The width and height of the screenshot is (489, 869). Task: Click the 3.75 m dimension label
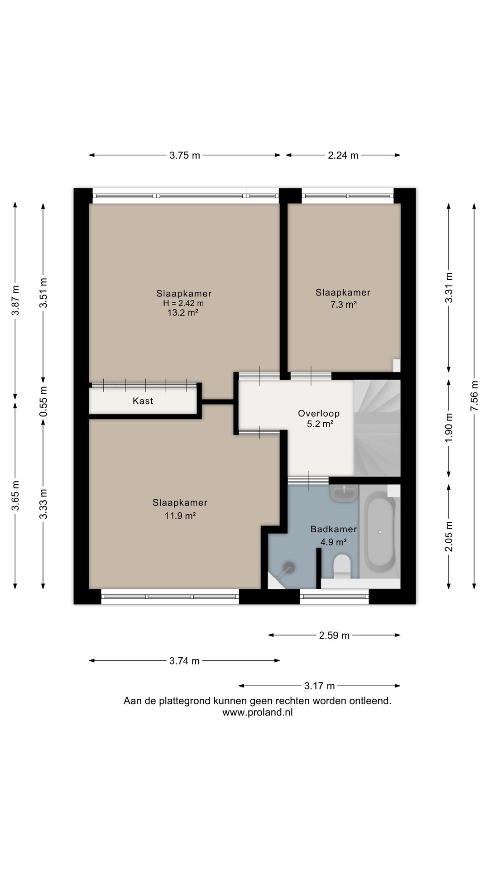[x=185, y=155]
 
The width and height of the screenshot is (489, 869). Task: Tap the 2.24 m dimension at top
[x=343, y=155]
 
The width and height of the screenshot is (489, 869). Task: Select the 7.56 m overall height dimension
[x=474, y=396]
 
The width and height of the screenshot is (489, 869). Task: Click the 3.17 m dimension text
[x=320, y=686]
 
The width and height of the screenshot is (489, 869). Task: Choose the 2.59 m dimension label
[x=335, y=635]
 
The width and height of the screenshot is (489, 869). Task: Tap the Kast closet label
[x=143, y=401]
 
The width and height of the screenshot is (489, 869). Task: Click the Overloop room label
[x=319, y=413]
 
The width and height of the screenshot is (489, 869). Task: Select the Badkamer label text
[x=334, y=529]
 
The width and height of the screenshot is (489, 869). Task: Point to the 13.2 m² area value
[x=183, y=312]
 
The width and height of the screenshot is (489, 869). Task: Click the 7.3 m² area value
[x=343, y=305]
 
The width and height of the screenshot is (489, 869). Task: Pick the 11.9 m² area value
[x=180, y=515]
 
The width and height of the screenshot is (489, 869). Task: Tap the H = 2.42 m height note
[x=183, y=303]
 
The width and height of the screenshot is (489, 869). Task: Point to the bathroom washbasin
[x=345, y=493]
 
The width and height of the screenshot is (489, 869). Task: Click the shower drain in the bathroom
[x=289, y=567]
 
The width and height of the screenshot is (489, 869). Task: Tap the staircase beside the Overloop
[x=377, y=428]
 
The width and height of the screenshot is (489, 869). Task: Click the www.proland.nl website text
[x=258, y=712]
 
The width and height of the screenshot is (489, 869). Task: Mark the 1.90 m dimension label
[x=449, y=428]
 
